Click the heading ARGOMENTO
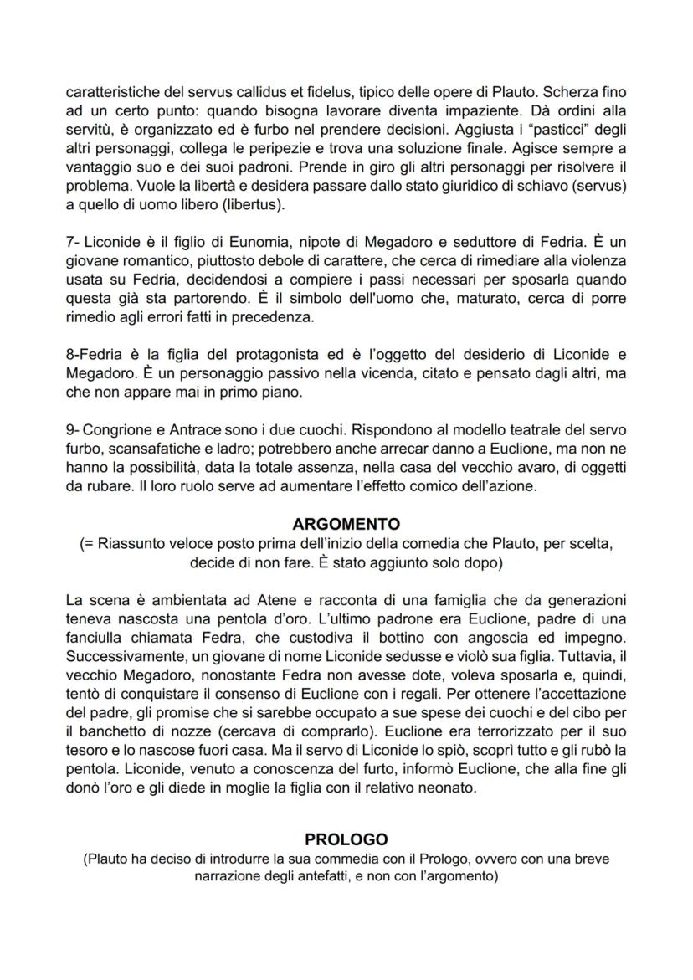click(x=346, y=525)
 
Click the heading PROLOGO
click(x=346, y=839)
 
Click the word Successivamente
click(x=120, y=655)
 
